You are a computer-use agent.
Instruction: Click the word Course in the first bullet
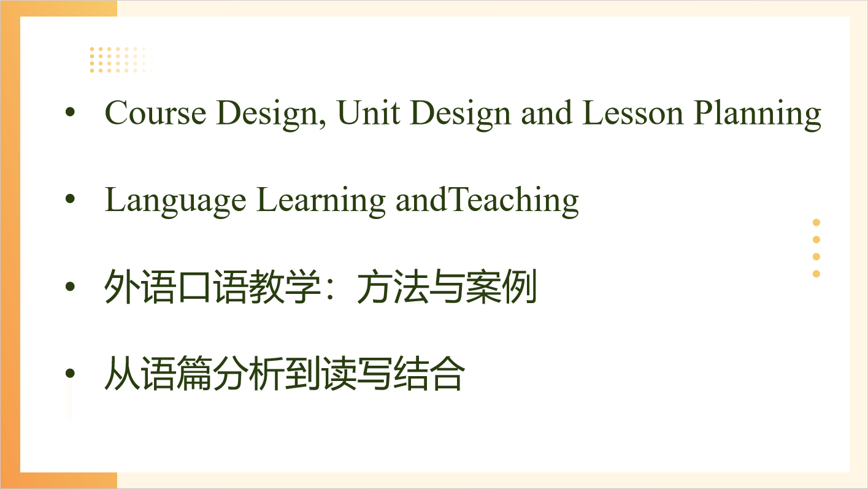point(155,113)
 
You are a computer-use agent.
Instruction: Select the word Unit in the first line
point(369,113)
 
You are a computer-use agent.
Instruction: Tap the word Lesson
point(632,113)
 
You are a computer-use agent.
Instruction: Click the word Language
point(175,201)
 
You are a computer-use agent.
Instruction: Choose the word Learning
point(321,201)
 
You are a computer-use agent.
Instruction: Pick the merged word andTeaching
point(487,201)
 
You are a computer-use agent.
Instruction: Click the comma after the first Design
point(322,124)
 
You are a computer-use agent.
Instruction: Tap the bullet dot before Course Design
point(70,112)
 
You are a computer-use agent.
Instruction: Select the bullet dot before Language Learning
point(70,199)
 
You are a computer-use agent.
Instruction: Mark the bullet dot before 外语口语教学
point(70,287)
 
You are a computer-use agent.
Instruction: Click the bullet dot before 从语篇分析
point(70,374)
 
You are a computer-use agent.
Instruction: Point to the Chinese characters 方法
point(392,287)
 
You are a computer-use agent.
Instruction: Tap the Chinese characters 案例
point(501,287)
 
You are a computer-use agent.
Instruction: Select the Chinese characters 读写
point(357,374)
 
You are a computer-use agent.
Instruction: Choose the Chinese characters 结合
point(429,374)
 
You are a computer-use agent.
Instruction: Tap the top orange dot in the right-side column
point(816,223)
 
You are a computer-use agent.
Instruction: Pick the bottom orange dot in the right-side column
point(816,274)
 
